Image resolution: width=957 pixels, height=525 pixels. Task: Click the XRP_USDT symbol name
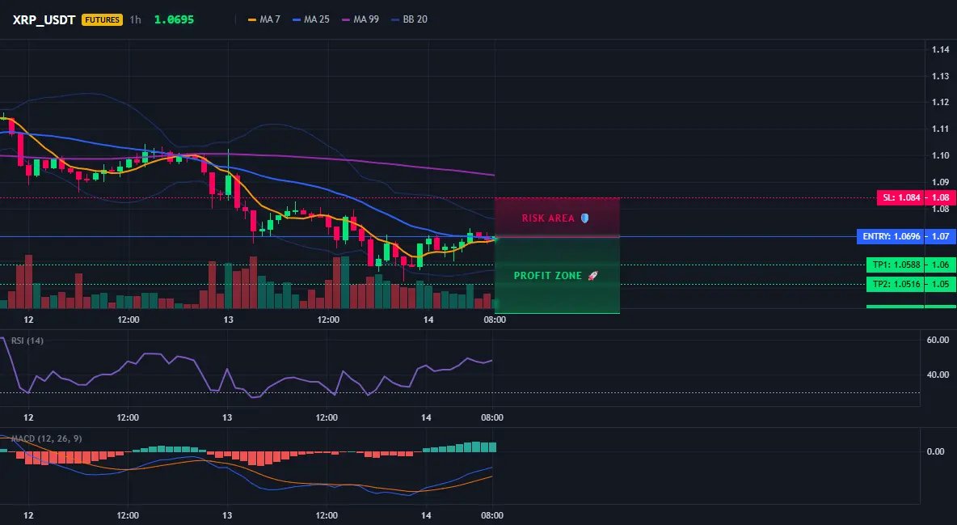tap(44, 19)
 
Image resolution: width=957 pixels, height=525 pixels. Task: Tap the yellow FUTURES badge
tap(102, 19)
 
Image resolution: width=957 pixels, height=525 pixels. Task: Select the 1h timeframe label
tap(136, 19)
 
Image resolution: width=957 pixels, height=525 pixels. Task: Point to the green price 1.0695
tap(174, 19)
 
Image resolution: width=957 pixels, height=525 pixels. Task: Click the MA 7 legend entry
tap(264, 19)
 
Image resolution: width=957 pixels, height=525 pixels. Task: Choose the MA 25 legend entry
tap(311, 19)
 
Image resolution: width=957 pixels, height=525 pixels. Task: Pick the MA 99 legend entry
tap(360, 19)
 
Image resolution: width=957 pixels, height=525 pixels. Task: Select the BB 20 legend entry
tap(410, 19)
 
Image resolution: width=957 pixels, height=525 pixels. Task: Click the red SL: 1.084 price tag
tap(900, 197)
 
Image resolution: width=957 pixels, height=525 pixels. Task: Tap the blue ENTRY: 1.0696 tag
tap(891, 236)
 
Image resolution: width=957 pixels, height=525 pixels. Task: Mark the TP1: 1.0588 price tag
tap(896, 265)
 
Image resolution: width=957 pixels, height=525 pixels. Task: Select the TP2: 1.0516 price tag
tap(896, 284)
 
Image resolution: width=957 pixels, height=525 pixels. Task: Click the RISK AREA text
tap(548, 218)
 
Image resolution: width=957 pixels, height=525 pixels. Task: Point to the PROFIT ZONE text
tap(547, 276)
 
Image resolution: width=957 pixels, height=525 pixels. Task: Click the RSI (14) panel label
tap(27, 341)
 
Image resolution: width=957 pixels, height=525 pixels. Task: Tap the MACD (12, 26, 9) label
tap(46, 438)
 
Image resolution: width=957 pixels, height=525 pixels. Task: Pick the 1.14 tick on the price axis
tap(941, 49)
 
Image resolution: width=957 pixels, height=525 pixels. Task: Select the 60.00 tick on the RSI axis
tap(938, 340)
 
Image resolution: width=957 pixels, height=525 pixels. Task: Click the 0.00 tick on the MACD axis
tap(936, 451)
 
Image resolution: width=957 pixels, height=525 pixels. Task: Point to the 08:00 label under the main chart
tap(495, 320)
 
